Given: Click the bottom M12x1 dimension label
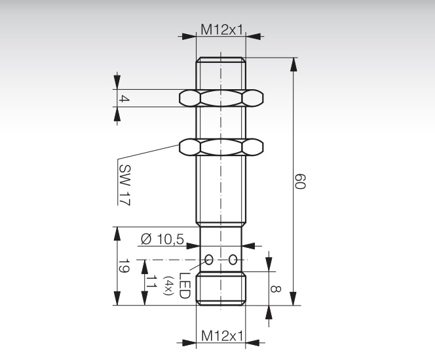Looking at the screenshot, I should coord(221,335).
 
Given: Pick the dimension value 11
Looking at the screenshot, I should coord(150,282).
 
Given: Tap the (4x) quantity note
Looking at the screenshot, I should coord(169,287).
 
